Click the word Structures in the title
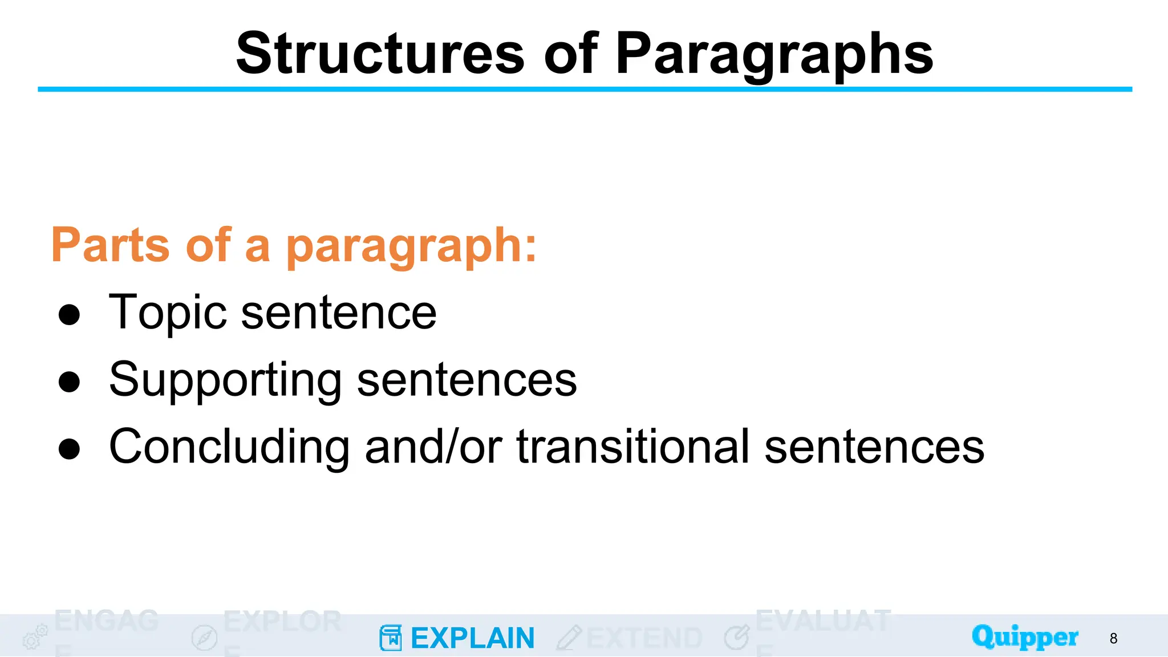pyautogui.click(x=380, y=54)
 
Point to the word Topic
pyautogui.click(x=168, y=313)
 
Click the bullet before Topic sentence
pyautogui.click(x=69, y=314)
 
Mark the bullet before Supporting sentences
pyautogui.click(x=69, y=382)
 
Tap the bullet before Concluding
pyautogui.click(x=69, y=448)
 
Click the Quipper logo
pyautogui.click(x=1025, y=636)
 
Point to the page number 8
pyautogui.click(x=1113, y=638)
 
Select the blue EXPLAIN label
pyautogui.click(x=472, y=638)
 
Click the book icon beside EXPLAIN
pyautogui.click(x=391, y=638)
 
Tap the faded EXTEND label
pyautogui.click(x=644, y=638)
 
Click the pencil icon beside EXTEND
pyautogui.click(x=569, y=638)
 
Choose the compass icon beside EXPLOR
pyautogui.click(x=204, y=638)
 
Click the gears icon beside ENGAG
pyautogui.click(x=35, y=636)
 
